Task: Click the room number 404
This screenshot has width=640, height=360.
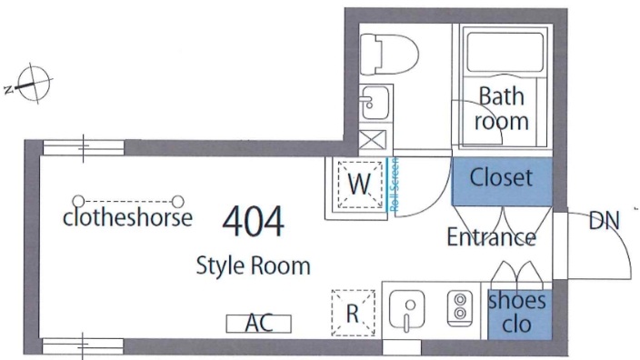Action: [253, 221]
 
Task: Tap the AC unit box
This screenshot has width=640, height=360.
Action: [259, 324]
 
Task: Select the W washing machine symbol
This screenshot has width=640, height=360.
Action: [360, 185]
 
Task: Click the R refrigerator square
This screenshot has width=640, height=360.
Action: [353, 313]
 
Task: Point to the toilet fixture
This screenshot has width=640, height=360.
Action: [390, 55]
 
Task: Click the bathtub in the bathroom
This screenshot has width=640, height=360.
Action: [505, 53]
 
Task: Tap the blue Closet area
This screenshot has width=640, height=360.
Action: [502, 181]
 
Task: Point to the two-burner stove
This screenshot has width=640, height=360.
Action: [460, 308]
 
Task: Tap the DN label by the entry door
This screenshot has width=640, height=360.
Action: [604, 220]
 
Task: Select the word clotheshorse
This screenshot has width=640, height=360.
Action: [128, 217]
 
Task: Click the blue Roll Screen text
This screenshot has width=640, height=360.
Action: [394, 185]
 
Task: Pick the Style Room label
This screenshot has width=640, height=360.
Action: [253, 266]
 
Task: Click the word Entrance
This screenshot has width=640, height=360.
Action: [492, 237]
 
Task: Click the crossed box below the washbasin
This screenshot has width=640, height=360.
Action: [373, 140]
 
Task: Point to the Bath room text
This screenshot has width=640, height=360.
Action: [502, 109]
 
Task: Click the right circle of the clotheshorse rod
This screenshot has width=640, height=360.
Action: [178, 202]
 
